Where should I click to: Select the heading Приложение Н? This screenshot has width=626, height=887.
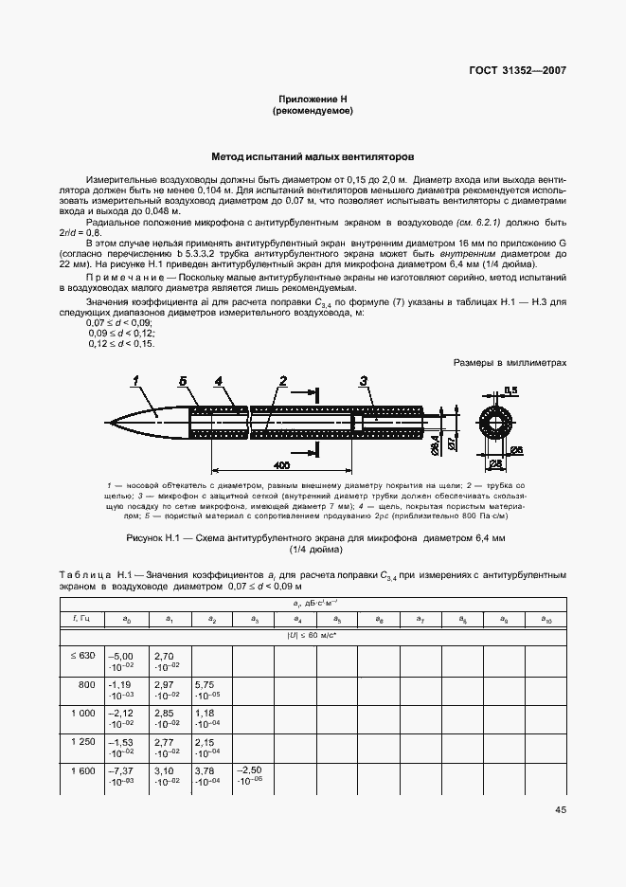tap(313, 99)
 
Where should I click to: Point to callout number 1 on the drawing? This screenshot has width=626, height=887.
tap(137, 381)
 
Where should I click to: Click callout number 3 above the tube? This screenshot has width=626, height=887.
tap(364, 381)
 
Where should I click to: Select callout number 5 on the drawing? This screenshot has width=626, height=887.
tap(183, 381)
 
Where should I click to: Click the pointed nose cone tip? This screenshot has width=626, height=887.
tap(108, 422)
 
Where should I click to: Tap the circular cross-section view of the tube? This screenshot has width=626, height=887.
tap(498, 421)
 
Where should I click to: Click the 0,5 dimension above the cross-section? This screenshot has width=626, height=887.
tap(510, 389)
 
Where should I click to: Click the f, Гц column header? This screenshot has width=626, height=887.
tap(81, 619)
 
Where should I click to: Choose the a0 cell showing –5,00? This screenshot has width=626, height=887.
tap(123, 660)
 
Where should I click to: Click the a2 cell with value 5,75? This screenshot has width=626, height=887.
tap(206, 689)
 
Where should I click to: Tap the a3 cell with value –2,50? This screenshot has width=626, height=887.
tap(250, 776)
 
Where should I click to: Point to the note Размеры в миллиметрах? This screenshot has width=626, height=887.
tap(510, 361)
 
